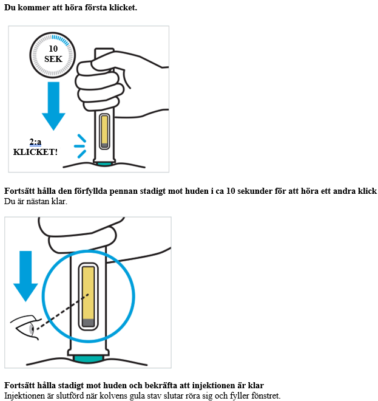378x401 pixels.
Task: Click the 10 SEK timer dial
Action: click(53, 55)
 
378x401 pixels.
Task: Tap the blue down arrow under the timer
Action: click(53, 106)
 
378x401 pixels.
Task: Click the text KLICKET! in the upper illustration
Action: click(35, 152)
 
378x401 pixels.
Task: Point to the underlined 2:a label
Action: click(35, 142)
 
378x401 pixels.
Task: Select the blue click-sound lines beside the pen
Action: click(80, 146)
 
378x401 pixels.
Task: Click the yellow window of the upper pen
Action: click(104, 129)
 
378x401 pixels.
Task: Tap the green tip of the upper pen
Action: click(104, 163)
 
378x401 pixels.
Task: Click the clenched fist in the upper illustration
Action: click(100, 84)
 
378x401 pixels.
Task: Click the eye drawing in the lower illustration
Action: click(24, 327)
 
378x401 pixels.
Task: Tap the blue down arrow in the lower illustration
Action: click(25, 276)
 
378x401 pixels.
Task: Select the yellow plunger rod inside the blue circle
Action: click(89, 293)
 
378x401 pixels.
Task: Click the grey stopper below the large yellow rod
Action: click(89, 323)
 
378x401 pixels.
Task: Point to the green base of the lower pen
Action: click(88, 359)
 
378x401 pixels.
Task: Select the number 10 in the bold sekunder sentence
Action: click(231, 191)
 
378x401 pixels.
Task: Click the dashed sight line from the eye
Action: click(62, 312)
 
